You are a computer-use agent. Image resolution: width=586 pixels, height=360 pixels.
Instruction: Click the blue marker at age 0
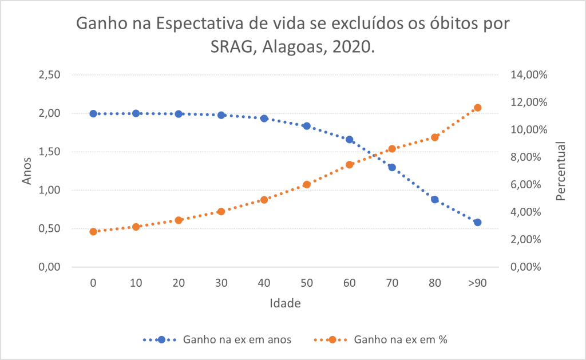[93, 113]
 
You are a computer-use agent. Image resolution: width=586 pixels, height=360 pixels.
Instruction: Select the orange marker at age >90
[478, 108]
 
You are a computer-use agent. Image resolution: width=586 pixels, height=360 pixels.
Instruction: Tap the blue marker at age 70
[392, 167]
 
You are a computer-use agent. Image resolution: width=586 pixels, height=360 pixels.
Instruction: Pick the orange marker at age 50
[307, 184]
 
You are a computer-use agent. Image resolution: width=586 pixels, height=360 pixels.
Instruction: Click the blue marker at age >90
[478, 222]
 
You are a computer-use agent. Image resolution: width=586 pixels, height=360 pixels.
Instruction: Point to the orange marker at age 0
[93, 232]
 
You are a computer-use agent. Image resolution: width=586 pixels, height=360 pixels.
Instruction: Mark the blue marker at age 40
[264, 118]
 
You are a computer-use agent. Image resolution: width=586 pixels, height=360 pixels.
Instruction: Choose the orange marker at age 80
[435, 137]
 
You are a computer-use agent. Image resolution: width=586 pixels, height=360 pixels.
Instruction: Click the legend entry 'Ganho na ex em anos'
[237, 339]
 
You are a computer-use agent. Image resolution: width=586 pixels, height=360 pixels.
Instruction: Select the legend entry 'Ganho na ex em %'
[401, 339]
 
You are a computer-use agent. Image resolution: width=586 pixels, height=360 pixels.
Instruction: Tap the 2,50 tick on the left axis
[50, 75]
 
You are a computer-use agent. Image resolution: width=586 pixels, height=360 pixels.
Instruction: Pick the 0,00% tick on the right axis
[525, 267]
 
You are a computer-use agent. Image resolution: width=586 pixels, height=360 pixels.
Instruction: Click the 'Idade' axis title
[285, 303]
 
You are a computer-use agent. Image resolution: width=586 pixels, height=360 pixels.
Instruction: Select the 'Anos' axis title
[27, 171]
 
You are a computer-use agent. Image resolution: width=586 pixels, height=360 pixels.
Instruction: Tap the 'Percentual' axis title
[560, 171]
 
